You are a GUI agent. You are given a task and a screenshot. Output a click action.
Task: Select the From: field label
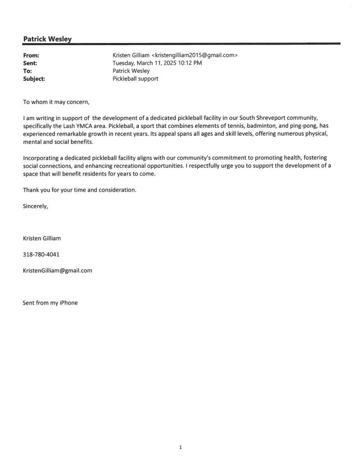click(x=32, y=55)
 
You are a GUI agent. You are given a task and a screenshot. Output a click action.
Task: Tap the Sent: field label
click(x=31, y=64)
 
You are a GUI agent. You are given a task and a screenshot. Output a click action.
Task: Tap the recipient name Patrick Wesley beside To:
click(x=132, y=72)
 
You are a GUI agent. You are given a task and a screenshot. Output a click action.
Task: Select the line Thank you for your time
click(x=80, y=190)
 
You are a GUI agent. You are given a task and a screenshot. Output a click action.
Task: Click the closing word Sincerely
click(x=36, y=207)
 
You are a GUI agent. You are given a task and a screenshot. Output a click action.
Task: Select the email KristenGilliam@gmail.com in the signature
click(x=57, y=270)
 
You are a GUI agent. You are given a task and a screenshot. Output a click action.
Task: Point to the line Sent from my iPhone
click(x=50, y=302)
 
